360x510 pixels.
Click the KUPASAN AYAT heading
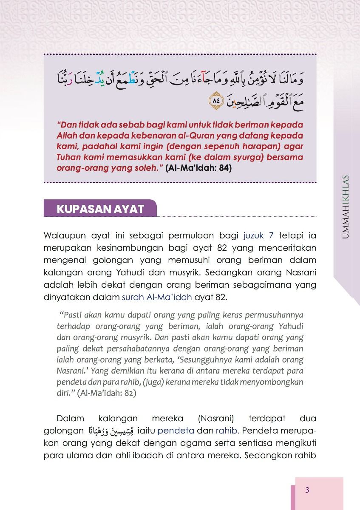(x=100, y=209)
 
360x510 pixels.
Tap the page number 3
(x=307, y=490)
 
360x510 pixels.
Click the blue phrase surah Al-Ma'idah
(x=157, y=297)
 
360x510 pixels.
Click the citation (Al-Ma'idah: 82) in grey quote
(x=107, y=393)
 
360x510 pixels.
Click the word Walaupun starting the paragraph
(x=62, y=235)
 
